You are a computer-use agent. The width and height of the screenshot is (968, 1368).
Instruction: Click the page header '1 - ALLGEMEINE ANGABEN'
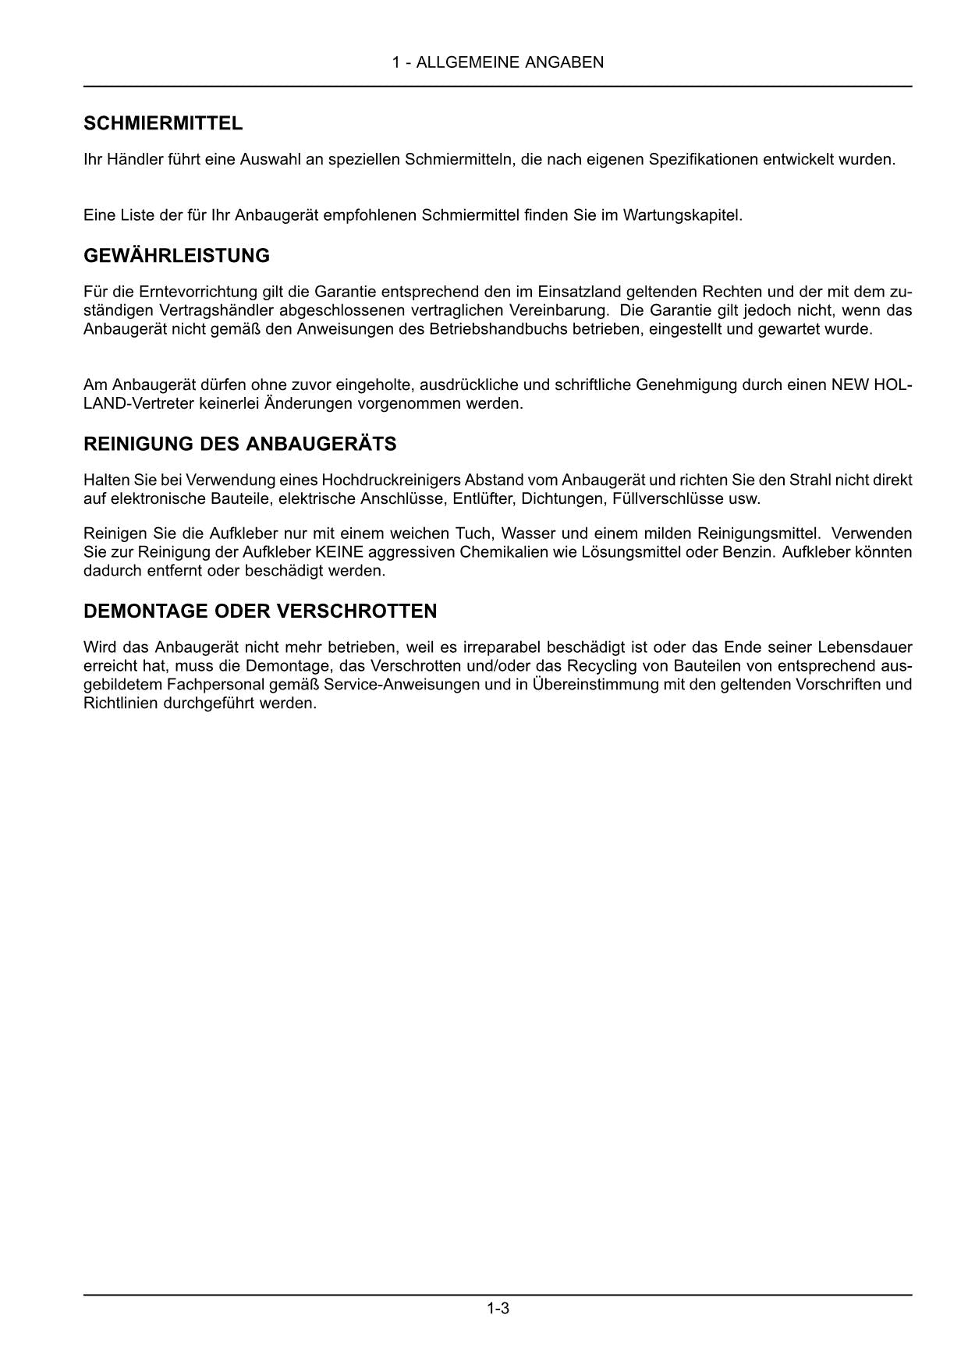pyautogui.click(x=498, y=62)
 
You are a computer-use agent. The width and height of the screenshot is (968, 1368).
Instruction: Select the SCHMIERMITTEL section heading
pyautogui.click(x=163, y=123)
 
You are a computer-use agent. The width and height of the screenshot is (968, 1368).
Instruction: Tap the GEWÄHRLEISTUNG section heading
pyautogui.click(x=176, y=256)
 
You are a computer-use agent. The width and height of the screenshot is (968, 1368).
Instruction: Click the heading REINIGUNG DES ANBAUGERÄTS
pyautogui.click(x=239, y=445)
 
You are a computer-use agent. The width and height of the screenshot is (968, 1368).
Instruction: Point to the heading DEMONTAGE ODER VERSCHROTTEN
pyautogui.click(x=260, y=611)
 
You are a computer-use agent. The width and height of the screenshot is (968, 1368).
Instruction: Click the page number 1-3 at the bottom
pyautogui.click(x=498, y=1308)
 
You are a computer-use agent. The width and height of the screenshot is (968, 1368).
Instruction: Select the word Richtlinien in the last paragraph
pyautogui.click(x=120, y=703)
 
